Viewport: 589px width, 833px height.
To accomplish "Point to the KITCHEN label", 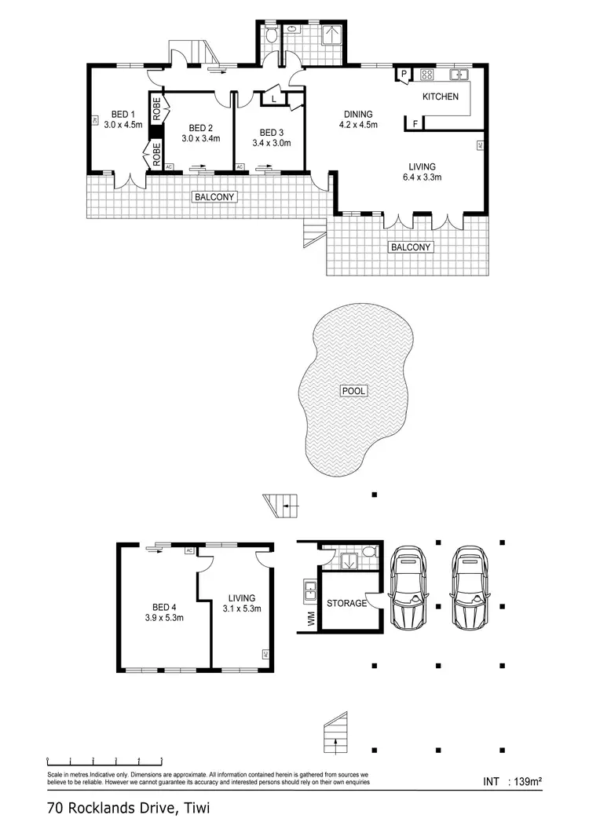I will [440, 97].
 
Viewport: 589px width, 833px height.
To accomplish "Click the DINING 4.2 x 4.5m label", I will [358, 119].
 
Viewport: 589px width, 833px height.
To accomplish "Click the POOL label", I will [353, 390].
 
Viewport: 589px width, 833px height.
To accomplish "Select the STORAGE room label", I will [346, 603].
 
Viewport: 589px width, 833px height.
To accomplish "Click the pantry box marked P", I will [404, 75].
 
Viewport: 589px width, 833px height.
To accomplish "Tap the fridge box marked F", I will [414, 122].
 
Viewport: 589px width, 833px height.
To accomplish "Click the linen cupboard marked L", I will [273, 100].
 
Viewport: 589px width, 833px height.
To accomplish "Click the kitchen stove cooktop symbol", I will [428, 75].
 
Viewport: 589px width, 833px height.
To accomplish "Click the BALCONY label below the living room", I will [411, 247].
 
